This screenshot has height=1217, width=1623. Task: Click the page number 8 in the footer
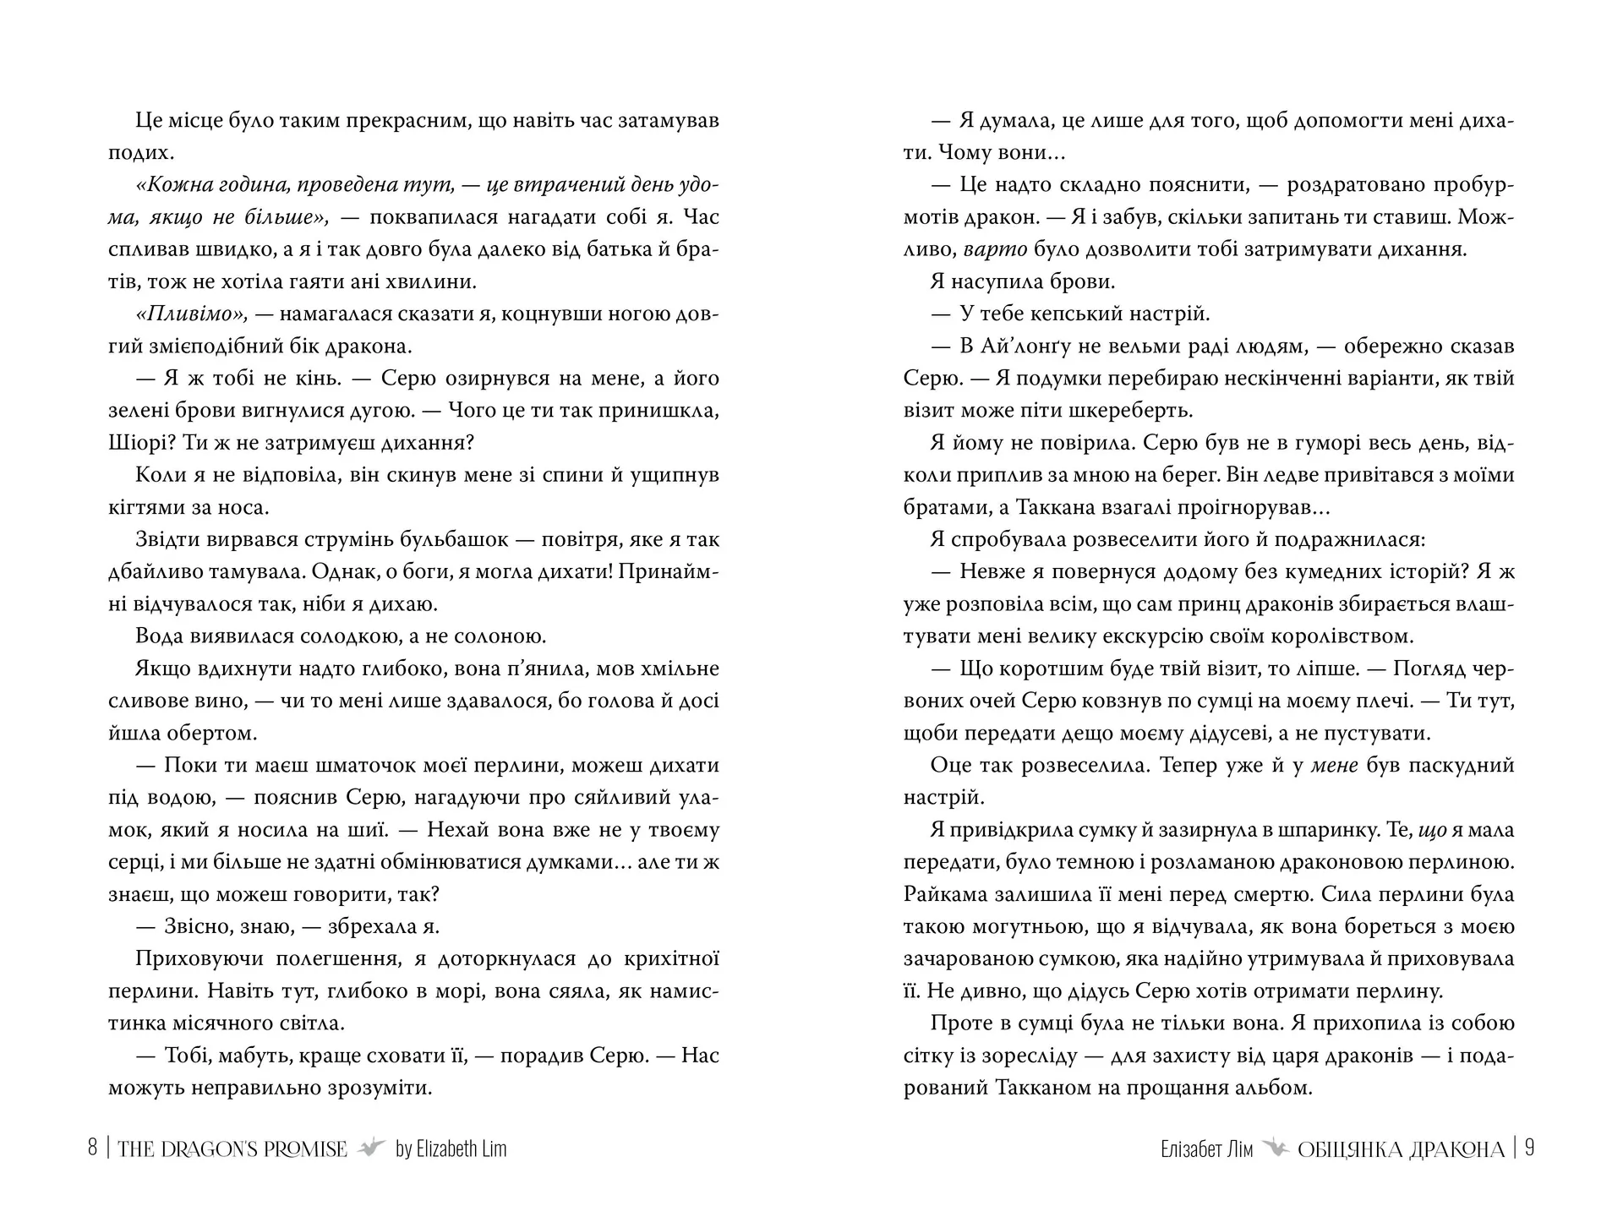(x=93, y=1149)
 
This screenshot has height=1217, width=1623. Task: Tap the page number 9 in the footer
(x=1529, y=1149)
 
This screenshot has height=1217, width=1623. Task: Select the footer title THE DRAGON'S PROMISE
(x=232, y=1149)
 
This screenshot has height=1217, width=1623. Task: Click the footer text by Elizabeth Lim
(x=451, y=1149)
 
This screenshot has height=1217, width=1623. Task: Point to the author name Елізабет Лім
(x=1207, y=1149)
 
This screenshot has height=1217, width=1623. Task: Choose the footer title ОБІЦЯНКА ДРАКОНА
(x=1401, y=1149)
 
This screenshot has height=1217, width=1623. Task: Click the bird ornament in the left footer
(x=371, y=1149)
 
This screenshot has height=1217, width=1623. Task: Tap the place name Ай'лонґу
(x=1041, y=347)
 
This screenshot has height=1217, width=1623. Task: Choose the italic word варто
(x=995, y=250)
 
